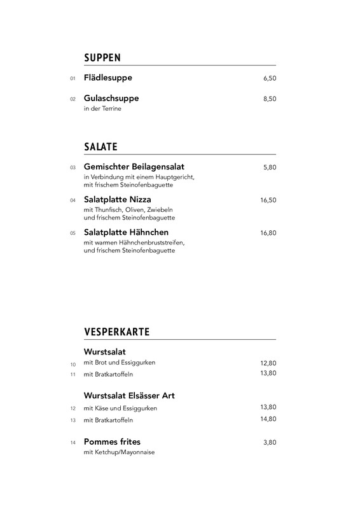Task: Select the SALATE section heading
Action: [x=100, y=147]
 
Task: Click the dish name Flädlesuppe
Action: [x=108, y=78]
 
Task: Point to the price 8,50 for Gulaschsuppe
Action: [x=270, y=99]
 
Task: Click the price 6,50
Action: [x=270, y=79]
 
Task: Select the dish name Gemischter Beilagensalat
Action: [x=134, y=167]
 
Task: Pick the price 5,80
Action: [x=270, y=167]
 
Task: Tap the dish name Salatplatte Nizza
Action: [x=117, y=200]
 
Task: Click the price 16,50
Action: [x=268, y=200]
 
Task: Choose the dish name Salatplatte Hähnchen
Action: [x=126, y=232]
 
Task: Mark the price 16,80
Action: [x=268, y=234]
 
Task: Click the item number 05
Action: [x=73, y=234]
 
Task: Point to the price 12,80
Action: [x=268, y=363]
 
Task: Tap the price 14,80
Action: [x=268, y=419]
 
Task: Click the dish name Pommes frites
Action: [x=112, y=442]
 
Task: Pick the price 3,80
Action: [x=270, y=442]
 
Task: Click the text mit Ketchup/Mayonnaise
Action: [x=119, y=452]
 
